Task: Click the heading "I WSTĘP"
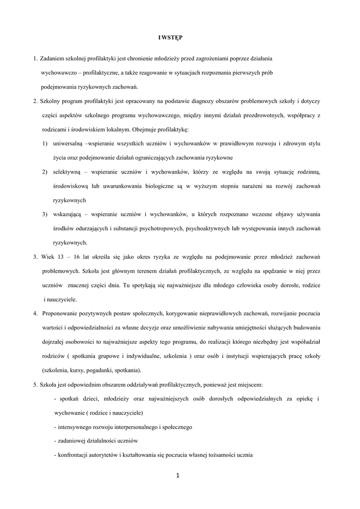(x=170, y=37)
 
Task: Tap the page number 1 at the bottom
(x=178, y=476)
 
